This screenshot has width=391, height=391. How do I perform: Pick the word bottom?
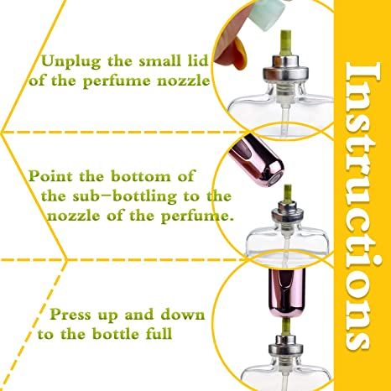coord(163,177)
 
